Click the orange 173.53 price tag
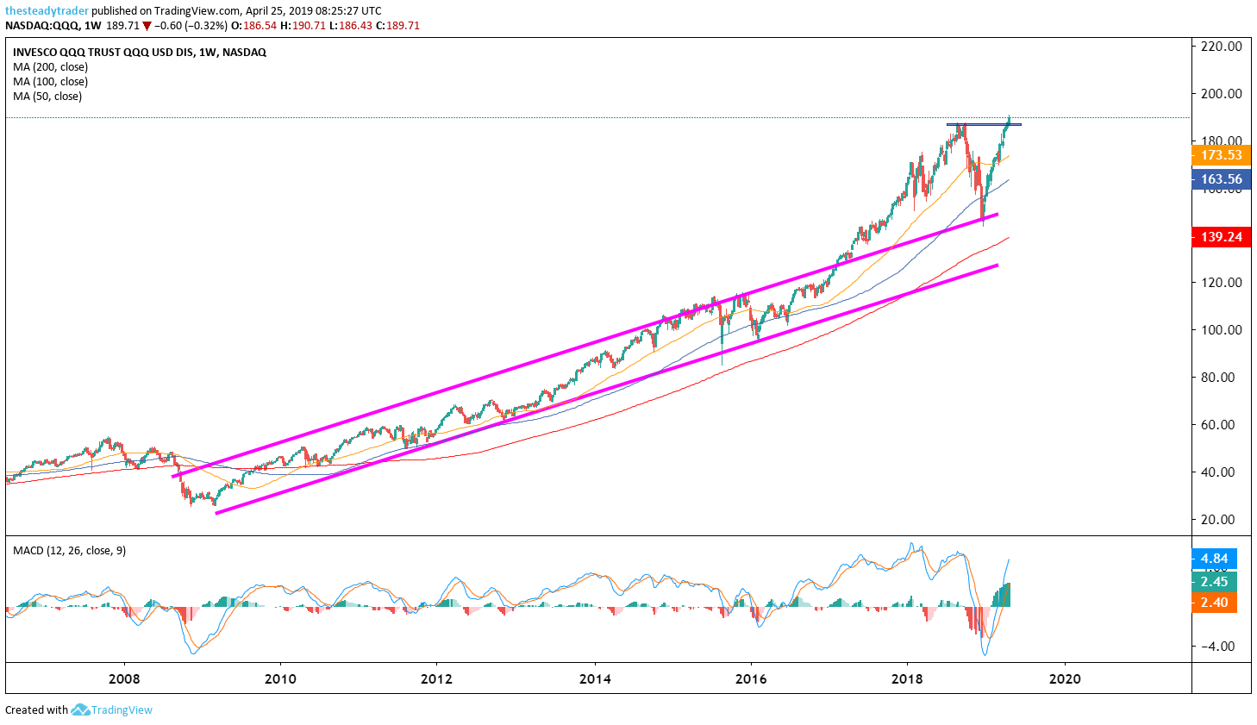(1221, 155)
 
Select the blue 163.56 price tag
(1221, 179)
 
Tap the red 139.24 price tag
(1221, 237)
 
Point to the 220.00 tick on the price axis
(1221, 47)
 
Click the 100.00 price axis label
(1221, 330)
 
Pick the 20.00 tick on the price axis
(1221, 520)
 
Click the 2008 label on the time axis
(124, 679)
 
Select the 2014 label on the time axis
(595, 679)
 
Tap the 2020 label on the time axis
(1065, 679)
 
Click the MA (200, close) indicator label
(50, 67)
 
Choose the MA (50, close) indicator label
(47, 97)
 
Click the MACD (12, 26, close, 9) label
(69, 551)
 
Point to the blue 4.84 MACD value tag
(1214, 559)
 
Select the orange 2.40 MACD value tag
(1214, 603)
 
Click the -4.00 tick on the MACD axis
(1216, 647)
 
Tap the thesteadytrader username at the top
(47, 11)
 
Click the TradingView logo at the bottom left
(112, 710)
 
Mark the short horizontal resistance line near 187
(984, 125)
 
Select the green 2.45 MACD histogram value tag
(1214, 582)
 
